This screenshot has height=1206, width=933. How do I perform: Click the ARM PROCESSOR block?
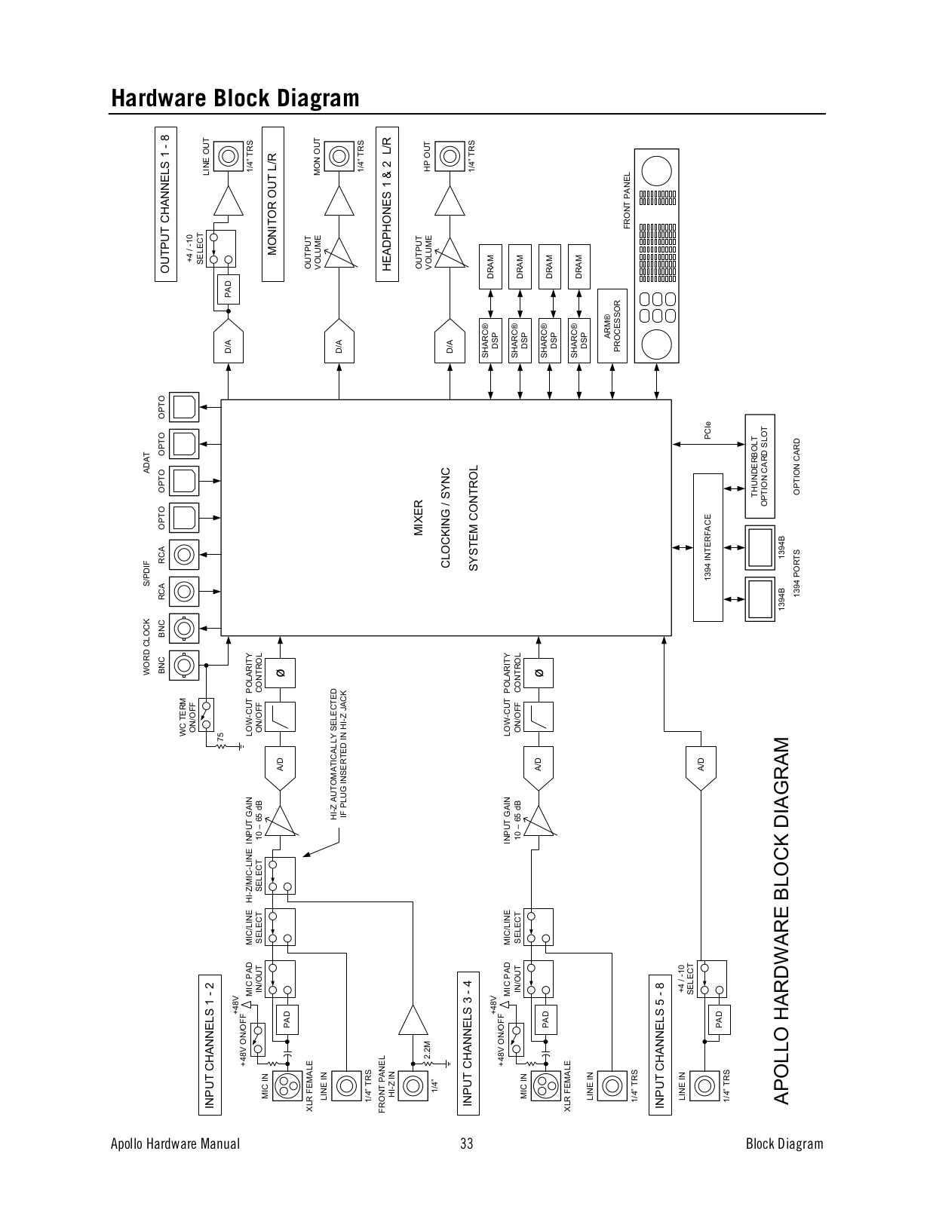(x=612, y=326)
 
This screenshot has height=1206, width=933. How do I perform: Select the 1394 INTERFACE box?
(x=708, y=547)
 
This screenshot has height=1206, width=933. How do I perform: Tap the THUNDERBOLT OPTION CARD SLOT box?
(x=760, y=466)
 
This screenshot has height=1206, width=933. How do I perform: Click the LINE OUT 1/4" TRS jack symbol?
(x=229, y=157)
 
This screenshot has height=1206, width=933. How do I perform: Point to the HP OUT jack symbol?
(x=450, y=157)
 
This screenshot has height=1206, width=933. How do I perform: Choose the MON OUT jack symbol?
(x=339, y=157)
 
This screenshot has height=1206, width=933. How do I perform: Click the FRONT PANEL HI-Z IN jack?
(x=413, y=1086)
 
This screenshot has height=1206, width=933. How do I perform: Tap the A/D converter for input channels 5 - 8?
(x=701, y=767)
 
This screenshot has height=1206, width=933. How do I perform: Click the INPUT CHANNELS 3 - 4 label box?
(x=468, y=1043)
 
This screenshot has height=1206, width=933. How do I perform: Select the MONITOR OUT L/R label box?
(x=273, y=204)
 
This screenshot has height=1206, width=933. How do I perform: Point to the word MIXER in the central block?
(x=418, y=518)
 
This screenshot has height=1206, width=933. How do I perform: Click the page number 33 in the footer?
(x=466, y=1144)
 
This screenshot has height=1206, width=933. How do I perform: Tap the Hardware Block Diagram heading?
(x=235, y=98)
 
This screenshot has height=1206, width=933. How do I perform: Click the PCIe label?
(x=707, y=430)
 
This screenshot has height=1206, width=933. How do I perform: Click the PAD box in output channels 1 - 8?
(x=229, y=289)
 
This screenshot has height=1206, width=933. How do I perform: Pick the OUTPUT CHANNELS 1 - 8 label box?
(x=166, y=204)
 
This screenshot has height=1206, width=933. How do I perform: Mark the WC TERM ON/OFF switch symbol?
(x=206, y=715)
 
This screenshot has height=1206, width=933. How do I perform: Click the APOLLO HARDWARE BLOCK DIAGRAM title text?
(x=781, y=921)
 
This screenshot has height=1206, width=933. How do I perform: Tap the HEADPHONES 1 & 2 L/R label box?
(x=387, y=204)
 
